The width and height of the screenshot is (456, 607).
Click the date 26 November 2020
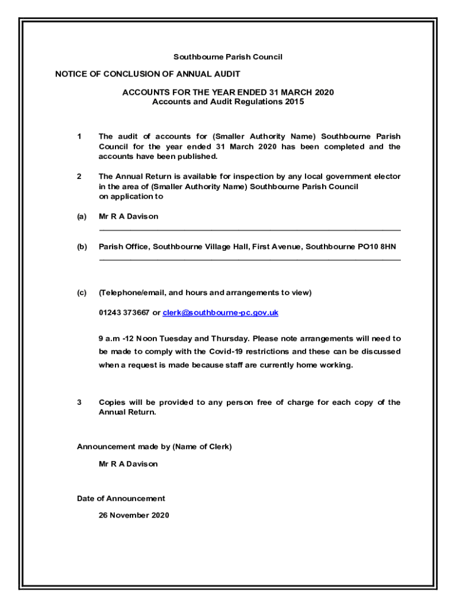click(134, 515)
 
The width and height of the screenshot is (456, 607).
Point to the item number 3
click(79, 402)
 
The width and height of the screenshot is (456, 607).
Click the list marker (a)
click(82, 216)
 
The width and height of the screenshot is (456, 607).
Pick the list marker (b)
click(82, 246)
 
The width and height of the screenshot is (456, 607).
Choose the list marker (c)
click(82, 292)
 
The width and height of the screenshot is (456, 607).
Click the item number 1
click(79, 137)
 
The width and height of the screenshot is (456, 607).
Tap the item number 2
click(79, 176)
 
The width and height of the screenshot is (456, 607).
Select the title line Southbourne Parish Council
click(227, 57)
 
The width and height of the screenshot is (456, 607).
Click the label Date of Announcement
click(121, 499)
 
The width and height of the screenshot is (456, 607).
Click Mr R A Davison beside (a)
click(129, 216)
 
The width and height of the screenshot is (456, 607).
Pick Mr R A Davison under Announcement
click(129, 464)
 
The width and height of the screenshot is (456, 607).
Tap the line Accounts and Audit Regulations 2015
click(227, 101)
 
